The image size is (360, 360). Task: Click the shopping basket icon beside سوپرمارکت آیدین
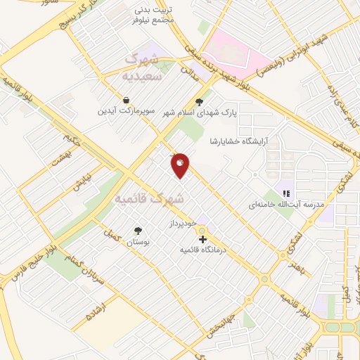125,100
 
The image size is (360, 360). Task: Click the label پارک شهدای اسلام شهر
200,112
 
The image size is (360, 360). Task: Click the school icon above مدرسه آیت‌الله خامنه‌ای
286,193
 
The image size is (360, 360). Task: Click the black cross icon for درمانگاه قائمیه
203,239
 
